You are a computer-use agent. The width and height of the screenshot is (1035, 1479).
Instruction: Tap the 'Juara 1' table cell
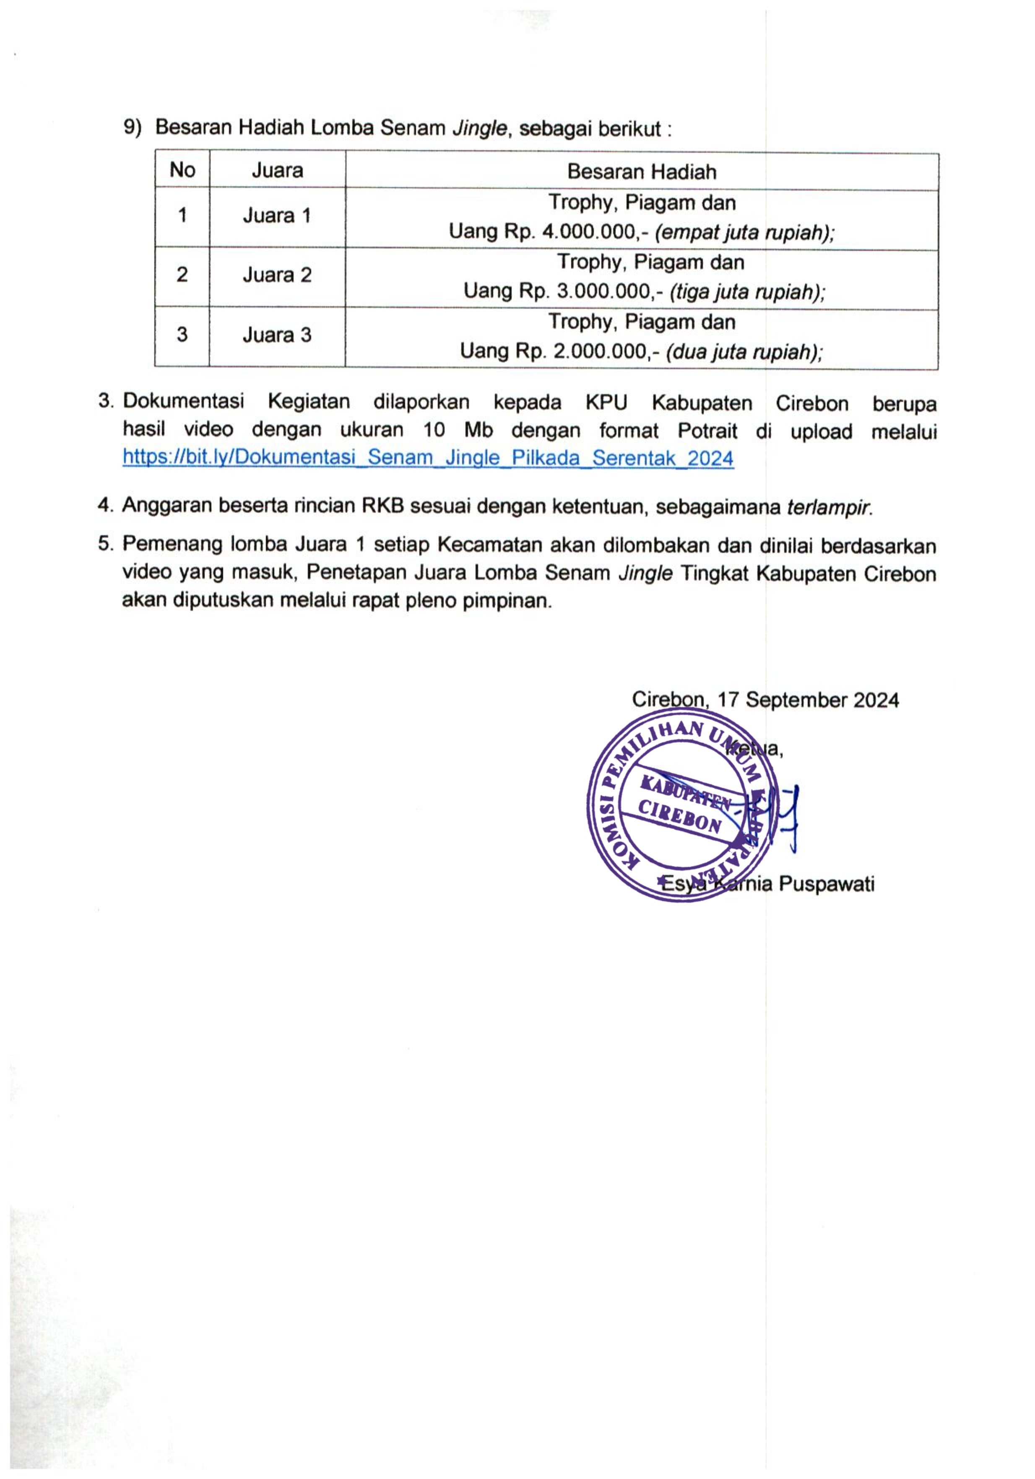tap(276, 215)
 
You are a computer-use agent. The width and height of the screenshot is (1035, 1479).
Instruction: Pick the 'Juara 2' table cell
tap(276, 275)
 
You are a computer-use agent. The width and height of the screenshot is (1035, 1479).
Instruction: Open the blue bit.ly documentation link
tap(428, 458)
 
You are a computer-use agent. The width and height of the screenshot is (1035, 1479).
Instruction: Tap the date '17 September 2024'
tap(808, 700)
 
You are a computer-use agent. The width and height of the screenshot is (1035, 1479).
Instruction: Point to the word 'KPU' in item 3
tap(606, 403)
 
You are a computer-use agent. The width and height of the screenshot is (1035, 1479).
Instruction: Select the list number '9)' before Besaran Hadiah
tap(132, 128)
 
